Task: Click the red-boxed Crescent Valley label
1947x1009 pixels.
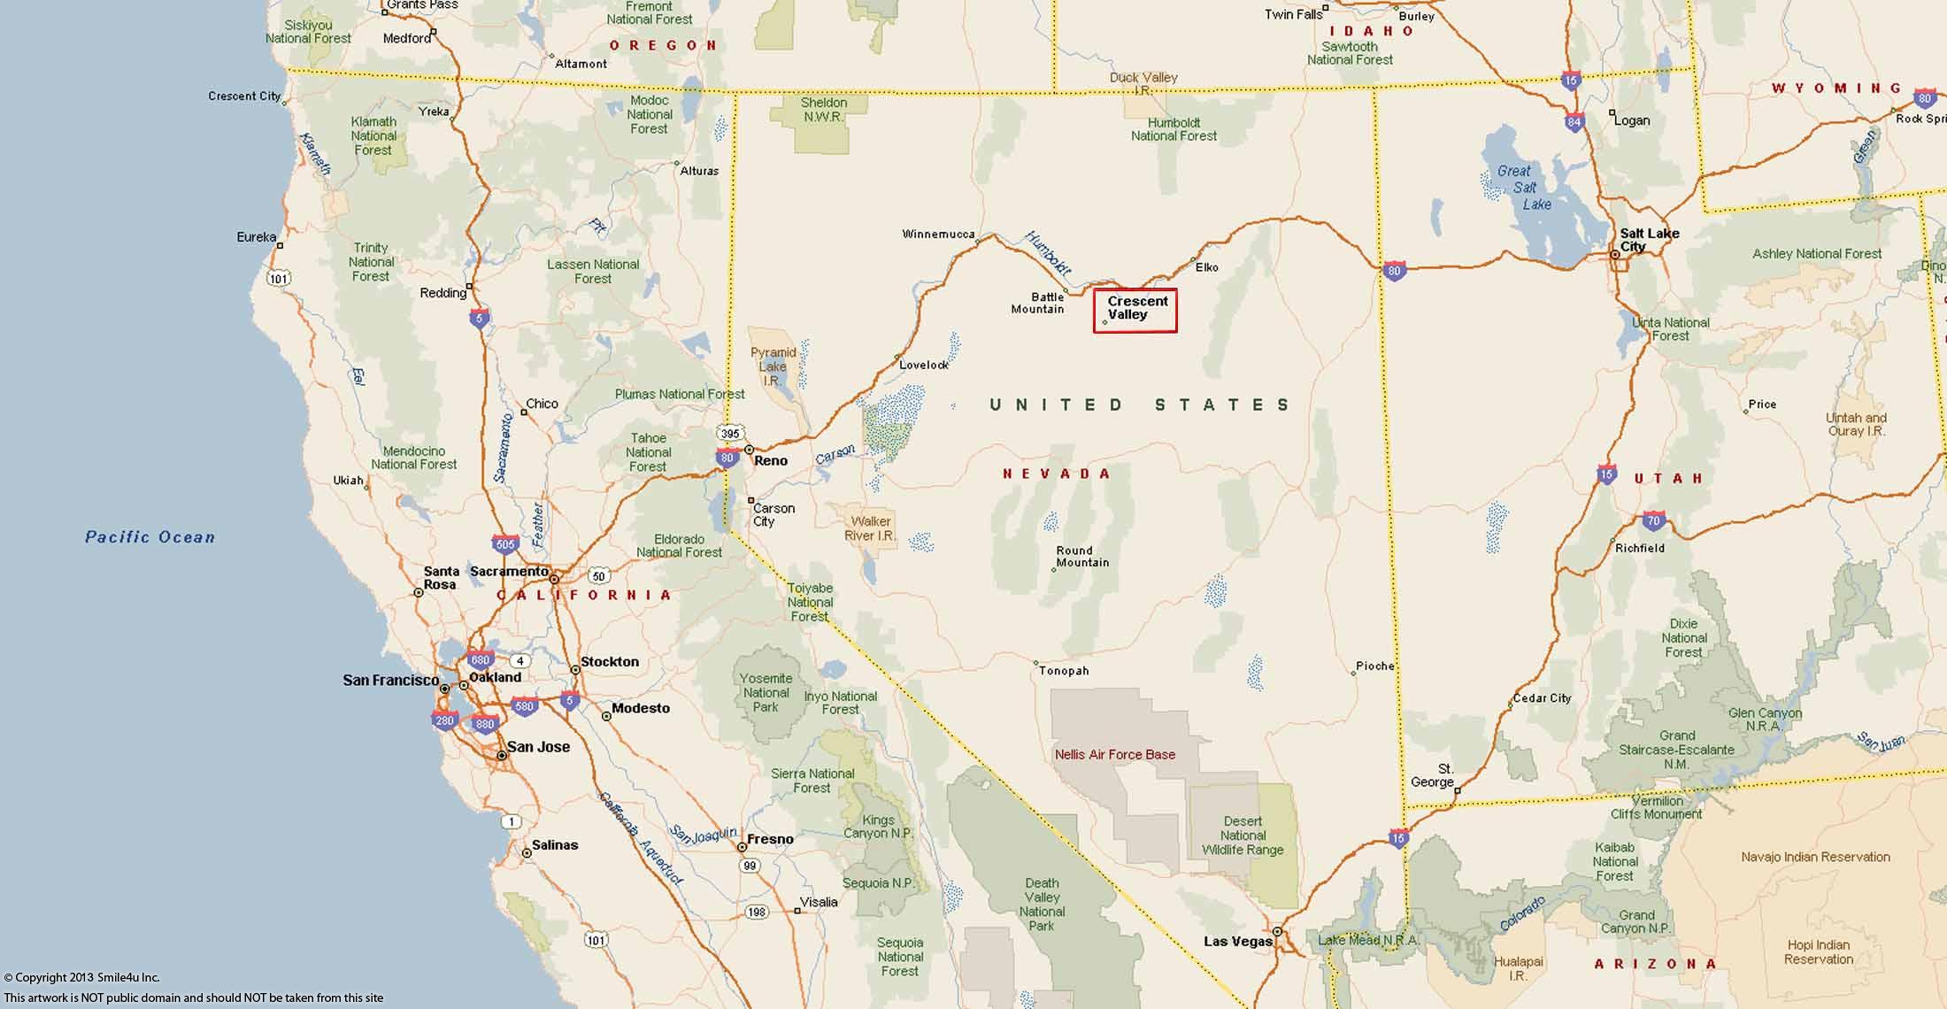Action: point(1136,309)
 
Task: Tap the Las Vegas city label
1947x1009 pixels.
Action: point(1237,941)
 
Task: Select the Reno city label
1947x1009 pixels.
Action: point(771,460)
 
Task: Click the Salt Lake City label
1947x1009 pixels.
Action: point(1648,239)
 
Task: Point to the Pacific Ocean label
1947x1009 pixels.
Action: point(150,536)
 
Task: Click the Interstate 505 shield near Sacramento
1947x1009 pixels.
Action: point(505,543)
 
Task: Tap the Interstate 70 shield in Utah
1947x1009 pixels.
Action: point(1653,520)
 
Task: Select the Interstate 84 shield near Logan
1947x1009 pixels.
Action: point(1574,122)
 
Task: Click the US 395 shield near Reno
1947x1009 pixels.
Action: point(729,434)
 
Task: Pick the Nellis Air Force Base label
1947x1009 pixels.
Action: point(1114,755)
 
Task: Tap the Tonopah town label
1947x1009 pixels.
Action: point(1064,671)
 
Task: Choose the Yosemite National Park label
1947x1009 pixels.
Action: point(766,692)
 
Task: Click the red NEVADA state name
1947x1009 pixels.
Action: point(1056,474)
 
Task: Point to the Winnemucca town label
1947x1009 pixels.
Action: point(937,235)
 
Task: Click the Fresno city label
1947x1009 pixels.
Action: point(770,839)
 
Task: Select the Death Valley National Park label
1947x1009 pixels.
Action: point(1042,904)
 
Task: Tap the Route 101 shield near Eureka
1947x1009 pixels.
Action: point(278,279)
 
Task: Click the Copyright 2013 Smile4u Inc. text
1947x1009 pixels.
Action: point(81,977)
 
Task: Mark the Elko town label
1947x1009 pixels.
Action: point(1206,267)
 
